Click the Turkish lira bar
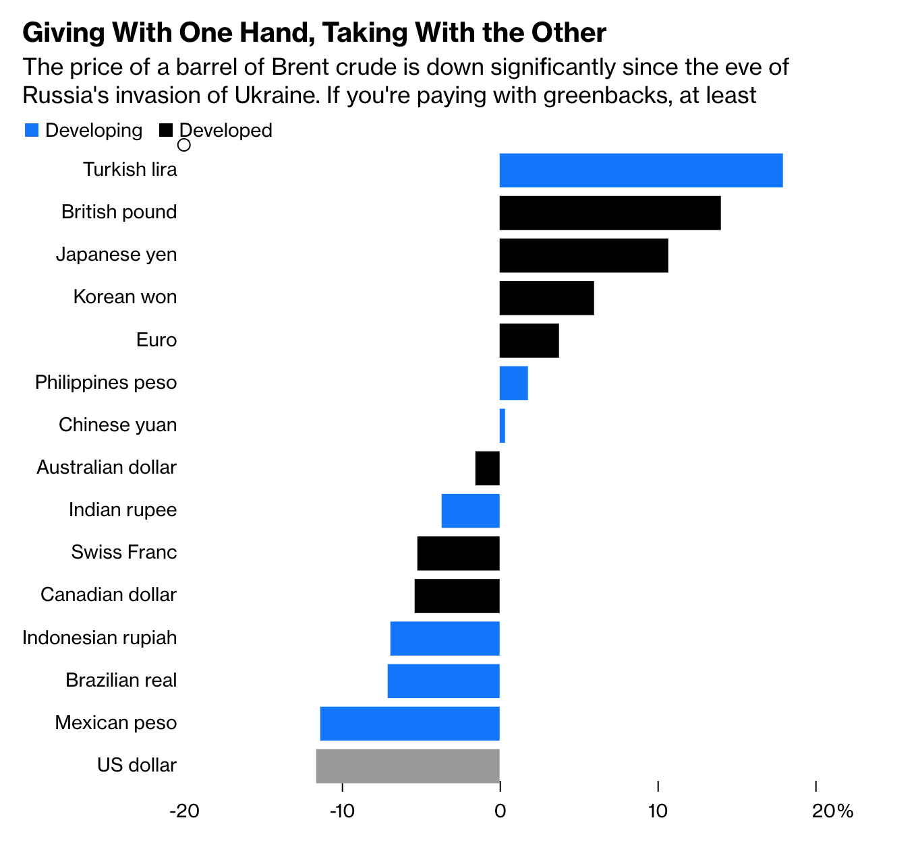(x=641, y=170)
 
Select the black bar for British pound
(x=610, y=213)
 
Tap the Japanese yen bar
(x=583, y=255)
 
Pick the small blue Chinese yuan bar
(x=503, y=426)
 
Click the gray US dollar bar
(x=407, y=766)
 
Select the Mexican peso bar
(x=409, y=724)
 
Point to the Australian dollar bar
(x=488, y=468)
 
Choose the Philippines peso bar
(x=513, y=383)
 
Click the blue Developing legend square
(x=32, y=131)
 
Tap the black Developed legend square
(x=166, y=131)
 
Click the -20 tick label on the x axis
(x=183, y=811)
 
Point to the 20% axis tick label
(x=832, y=811)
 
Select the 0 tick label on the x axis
(x=500, y=811)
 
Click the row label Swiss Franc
(x=124, y=553)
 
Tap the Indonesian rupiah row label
(x=100, y=637)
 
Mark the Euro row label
(x=156, y=340)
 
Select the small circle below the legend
(x=183, y=145)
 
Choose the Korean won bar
(x=546, y=298)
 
